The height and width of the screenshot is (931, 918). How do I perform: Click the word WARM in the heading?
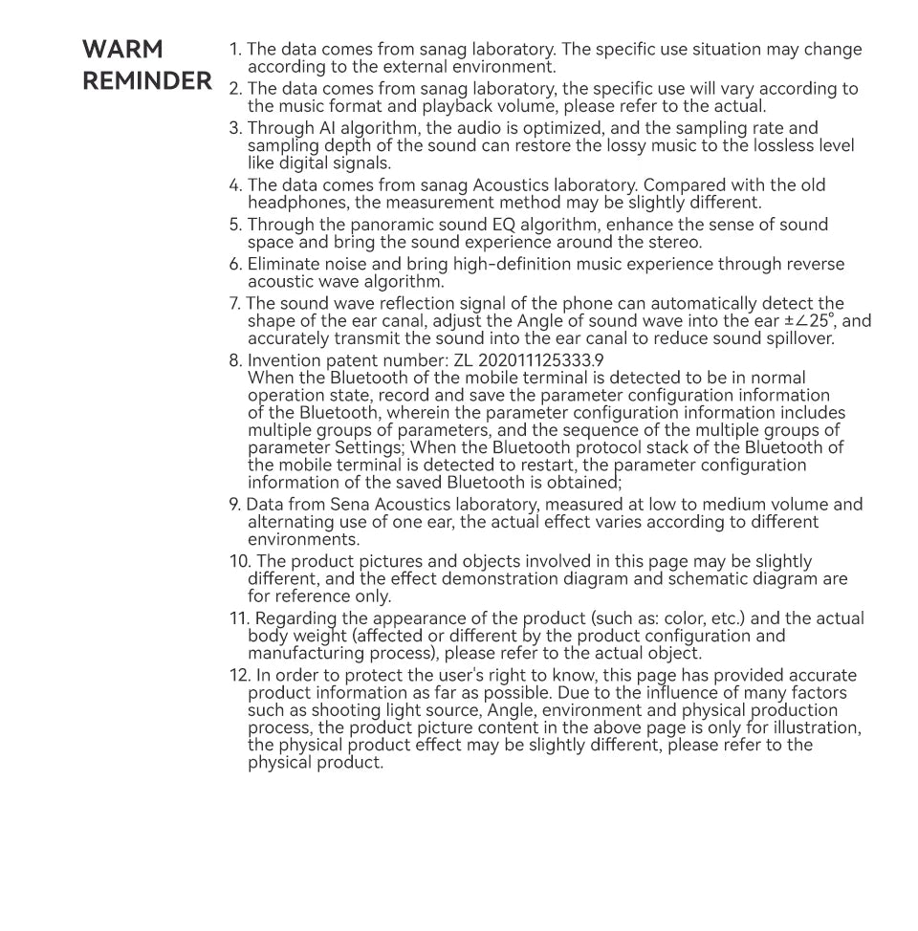coord(122,50)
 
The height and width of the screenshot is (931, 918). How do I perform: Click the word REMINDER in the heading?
coord(147,81)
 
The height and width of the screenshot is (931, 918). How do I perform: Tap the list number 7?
coord(234,304)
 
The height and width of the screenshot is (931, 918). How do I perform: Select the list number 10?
coord(238,562)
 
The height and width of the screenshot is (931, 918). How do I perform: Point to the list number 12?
coord(239,676)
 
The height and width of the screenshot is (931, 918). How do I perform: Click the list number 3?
coord(235,128)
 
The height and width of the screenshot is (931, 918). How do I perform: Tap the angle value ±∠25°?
coord(811,321)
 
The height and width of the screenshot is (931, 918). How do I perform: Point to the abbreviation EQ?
coord(505,225)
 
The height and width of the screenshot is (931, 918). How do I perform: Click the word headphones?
coord(294,203)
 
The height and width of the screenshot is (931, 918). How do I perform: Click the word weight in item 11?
coord(313,637)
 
